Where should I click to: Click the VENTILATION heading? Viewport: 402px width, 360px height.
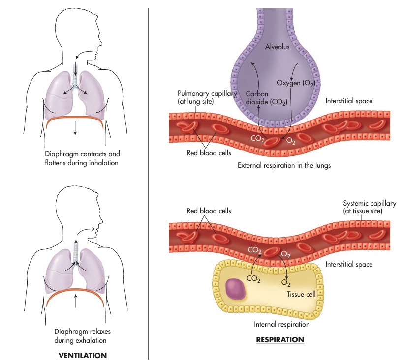pos(82,355)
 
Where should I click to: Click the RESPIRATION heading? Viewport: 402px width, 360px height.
pos(280,339)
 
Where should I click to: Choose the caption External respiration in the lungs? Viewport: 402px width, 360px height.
pos(284,165)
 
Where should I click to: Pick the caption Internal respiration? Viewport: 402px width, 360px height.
pos(281,324)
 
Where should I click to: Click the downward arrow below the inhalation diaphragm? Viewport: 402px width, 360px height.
pos(75,129)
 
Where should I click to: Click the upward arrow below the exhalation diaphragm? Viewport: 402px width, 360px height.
pos(75,300)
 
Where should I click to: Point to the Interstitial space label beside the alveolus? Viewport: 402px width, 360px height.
pos(349,101)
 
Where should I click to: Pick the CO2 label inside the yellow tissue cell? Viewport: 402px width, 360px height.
pos(253,279)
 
